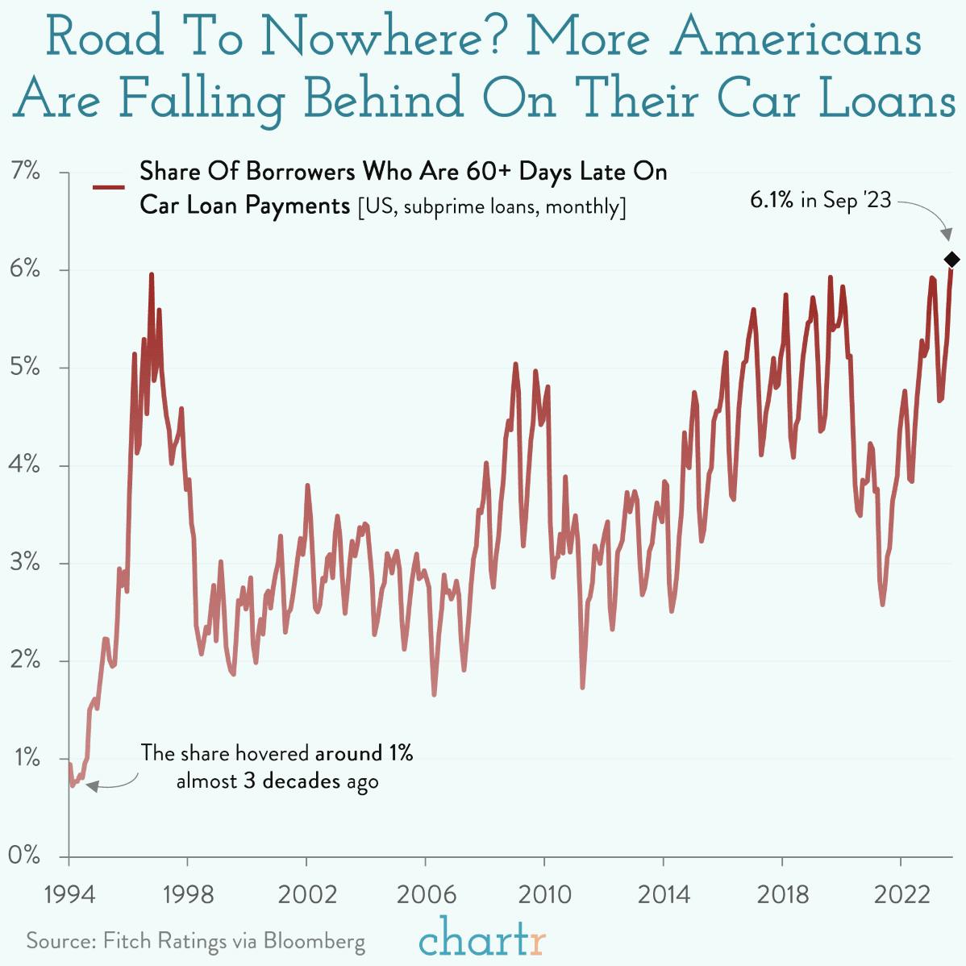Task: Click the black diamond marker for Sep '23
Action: click(951, 259)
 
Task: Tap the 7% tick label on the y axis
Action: click(26, 172)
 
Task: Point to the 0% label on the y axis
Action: click(26, 856)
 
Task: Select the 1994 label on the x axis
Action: click(69, 895)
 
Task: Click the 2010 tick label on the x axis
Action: click(543, 895)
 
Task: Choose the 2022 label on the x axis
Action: click(900, 895)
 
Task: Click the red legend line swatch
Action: click(109, 188)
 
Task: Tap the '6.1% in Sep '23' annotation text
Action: click(820, 200)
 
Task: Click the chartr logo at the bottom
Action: click(483, 939)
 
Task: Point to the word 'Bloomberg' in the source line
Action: click(314, 941)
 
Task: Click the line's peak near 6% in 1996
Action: click(151, 275)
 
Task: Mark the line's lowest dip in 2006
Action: click(434, 694)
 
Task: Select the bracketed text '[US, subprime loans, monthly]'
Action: click(491, 206)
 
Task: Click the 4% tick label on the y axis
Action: click(26, 465)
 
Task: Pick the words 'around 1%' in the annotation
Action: click(364, 753)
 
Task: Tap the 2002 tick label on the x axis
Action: click(306, 895)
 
